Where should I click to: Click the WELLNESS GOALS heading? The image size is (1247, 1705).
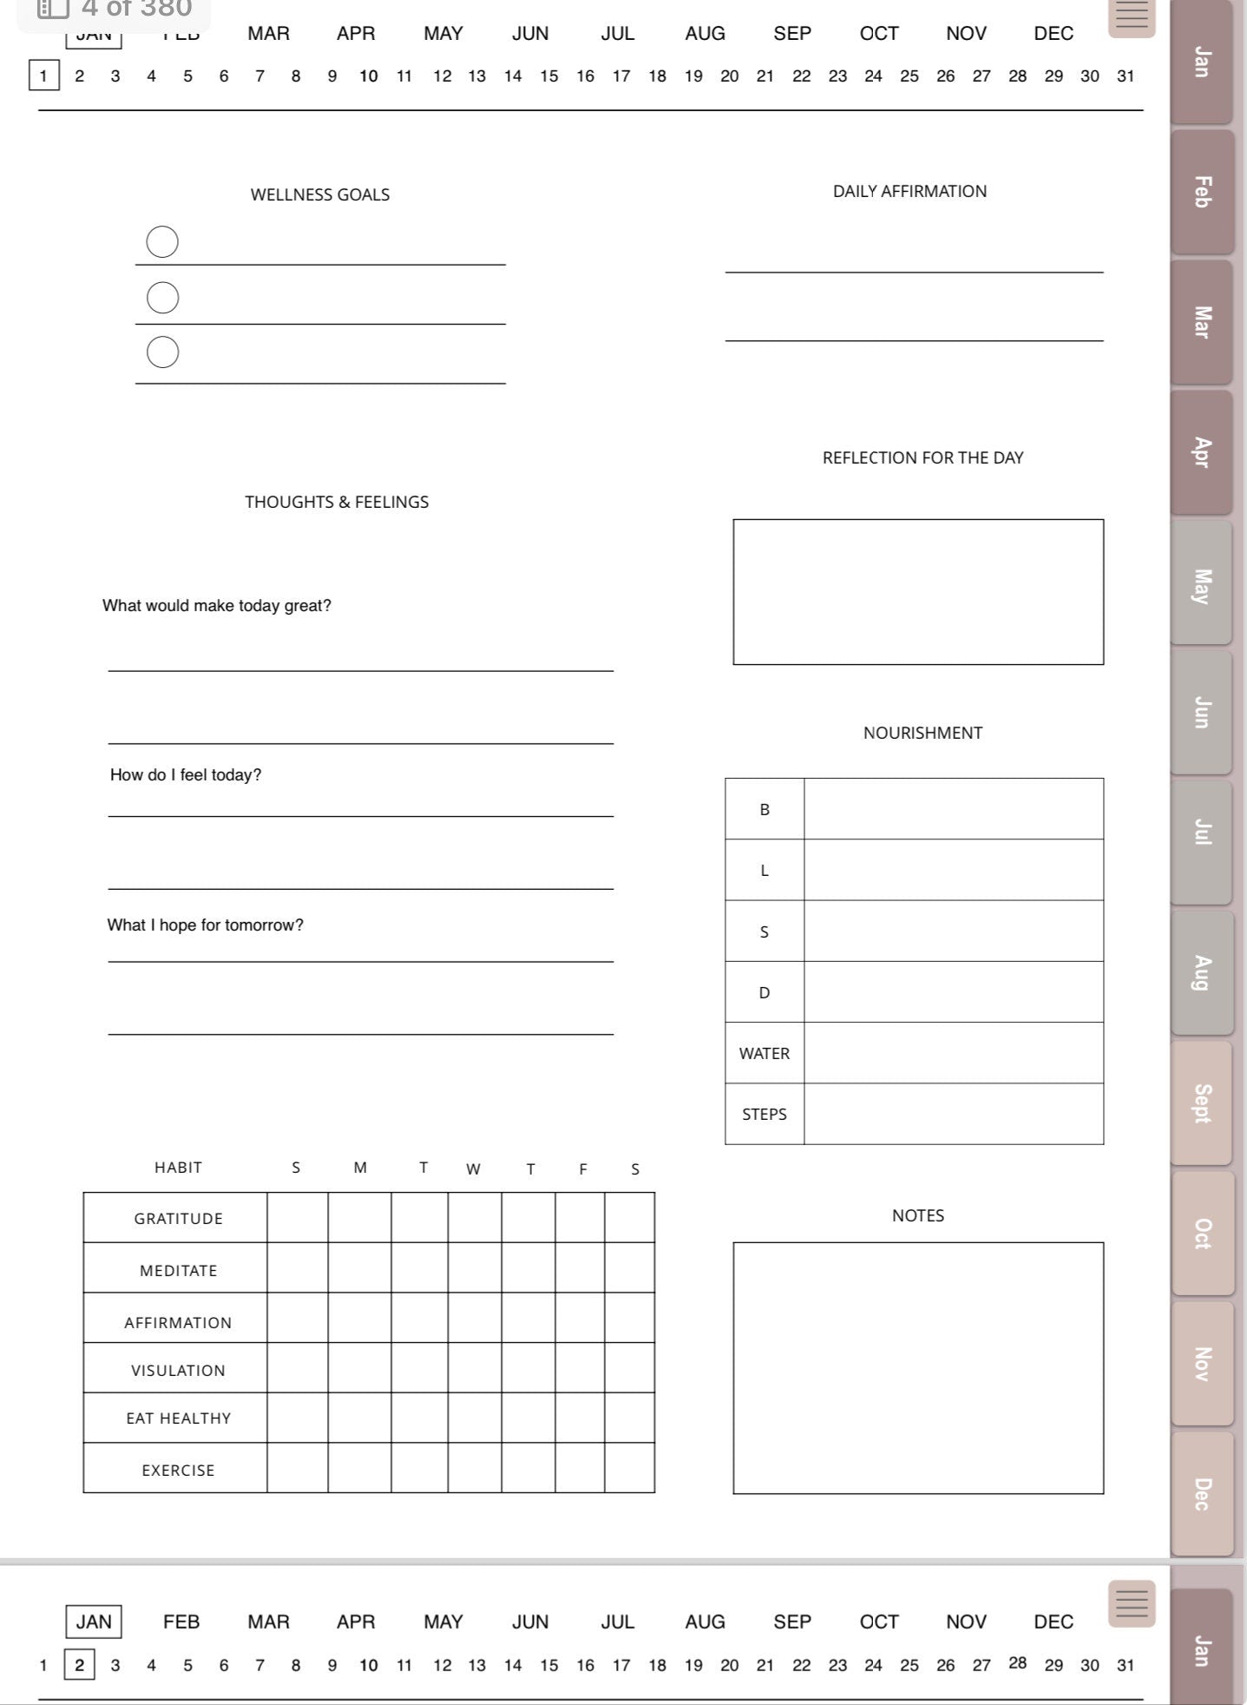[x=319, y=194]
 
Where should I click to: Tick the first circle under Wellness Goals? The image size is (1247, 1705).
[x=162, y=242]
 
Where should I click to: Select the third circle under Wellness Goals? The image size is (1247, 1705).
[x=162, y=352]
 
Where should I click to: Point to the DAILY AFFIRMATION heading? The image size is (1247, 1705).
[x=909, y=191]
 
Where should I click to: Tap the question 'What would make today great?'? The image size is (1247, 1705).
[x=217, y=606]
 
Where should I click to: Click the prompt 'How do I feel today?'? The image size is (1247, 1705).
[x=186, y=775]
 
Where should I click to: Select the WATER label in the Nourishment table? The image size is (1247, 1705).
[x=764, y=1053]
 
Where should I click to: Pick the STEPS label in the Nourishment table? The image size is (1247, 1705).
[x=764, y=1114]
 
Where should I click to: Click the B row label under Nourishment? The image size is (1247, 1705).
[x=764, y=809]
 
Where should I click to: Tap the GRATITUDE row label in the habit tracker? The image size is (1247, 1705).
[x=178, y=1218]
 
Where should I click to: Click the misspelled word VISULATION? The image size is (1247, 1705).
[x=178, y=1370]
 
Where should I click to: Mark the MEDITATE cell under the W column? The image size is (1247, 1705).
[x=474, y=1268]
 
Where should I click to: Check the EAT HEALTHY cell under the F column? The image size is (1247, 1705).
[x=580, y=1418]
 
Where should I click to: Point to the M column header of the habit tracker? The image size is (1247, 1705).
[x=360, y=1168]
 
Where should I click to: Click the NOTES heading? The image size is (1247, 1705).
[x=917, y=1215]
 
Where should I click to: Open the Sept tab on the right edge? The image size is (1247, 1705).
[x=1201, y=1103]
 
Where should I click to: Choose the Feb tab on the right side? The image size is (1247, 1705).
[x=1201, y=192]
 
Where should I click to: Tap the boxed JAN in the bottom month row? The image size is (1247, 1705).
[x=94, y=1622]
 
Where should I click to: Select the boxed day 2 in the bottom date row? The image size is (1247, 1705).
[x=79, y=1665]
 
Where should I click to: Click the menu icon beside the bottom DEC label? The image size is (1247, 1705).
[x=1131, y=1603]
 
